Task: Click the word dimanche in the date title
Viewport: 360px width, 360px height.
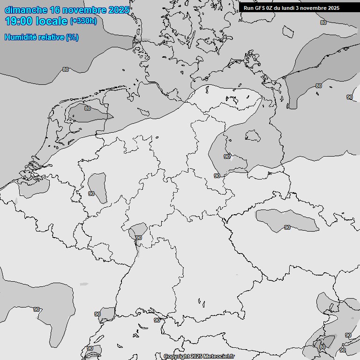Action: click(25, 10)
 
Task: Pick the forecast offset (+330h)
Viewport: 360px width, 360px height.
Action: click(83, 21)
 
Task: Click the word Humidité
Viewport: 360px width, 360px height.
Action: click(21, 37)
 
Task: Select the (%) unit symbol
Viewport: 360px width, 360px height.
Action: click(72, 37)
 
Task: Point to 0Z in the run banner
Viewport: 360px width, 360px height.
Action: click(273, 8)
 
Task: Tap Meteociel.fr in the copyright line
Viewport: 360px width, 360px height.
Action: click(218, 356)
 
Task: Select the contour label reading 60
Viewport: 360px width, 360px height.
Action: click(322, 347)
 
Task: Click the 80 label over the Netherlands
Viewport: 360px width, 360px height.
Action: click(88, 108)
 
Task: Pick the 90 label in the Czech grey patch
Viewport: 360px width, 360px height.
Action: click(287, 227)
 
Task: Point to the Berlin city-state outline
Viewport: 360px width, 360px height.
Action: click(253, 136)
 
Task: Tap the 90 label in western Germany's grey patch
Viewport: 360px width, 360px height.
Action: click(91, 193)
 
